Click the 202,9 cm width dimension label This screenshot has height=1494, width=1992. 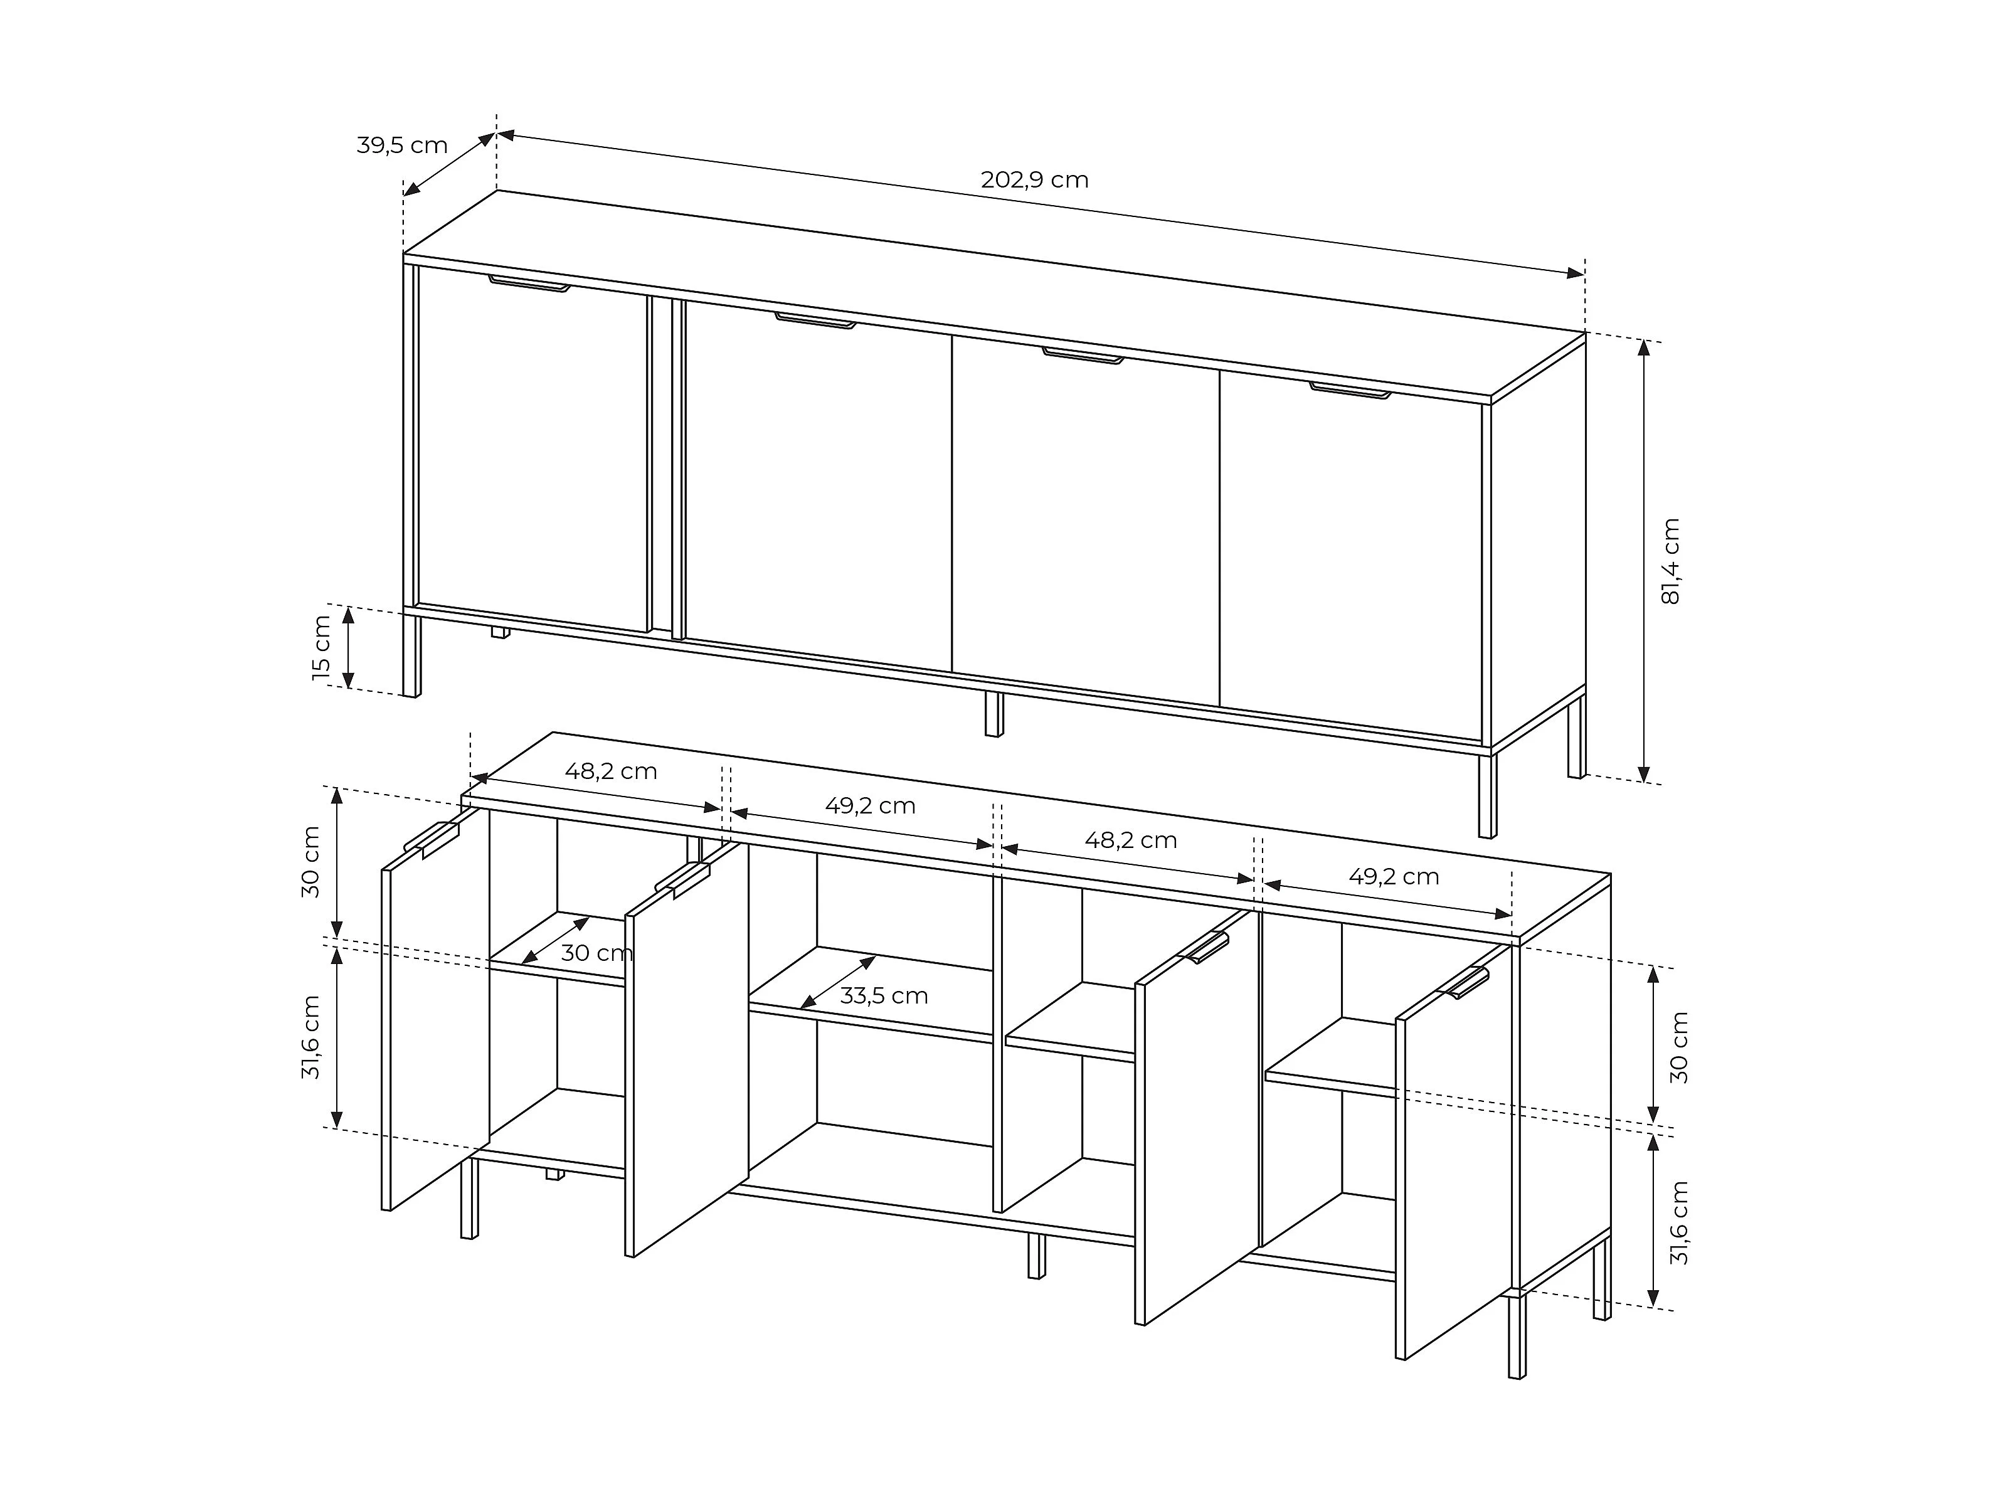1035,180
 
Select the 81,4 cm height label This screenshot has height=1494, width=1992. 1670,561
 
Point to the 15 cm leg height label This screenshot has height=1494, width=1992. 322,647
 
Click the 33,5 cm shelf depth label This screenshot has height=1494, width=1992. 884,996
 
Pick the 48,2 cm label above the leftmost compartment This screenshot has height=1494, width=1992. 612,771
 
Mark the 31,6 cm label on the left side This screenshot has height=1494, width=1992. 312,1037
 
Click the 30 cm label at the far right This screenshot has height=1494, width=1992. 1678,1047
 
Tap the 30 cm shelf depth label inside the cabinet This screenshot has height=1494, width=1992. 596,953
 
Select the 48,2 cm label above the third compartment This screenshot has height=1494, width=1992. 1131,840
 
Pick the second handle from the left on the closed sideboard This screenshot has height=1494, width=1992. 816,321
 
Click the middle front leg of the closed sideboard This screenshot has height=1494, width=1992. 994,714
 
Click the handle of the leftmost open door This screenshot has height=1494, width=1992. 432,837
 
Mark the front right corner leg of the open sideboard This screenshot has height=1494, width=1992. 1517,1337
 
